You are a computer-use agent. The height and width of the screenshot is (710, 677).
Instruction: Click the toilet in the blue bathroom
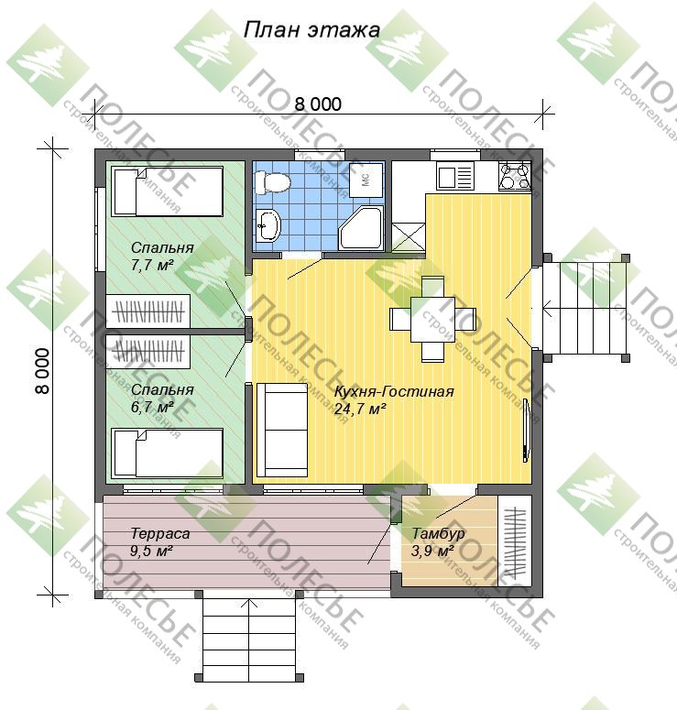tap(271, 183)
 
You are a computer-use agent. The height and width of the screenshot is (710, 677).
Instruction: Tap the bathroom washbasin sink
tap(268, 225)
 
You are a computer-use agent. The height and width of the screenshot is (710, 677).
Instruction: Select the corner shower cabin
tap(361, 228)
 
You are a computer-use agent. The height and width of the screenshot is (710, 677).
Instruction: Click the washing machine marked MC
tap(366, 180)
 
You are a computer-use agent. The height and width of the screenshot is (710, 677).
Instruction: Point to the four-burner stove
tap(515, 176)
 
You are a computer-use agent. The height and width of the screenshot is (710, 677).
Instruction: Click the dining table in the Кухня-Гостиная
tap(432, 320)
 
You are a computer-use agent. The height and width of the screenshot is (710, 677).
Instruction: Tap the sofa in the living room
tap(281, 431)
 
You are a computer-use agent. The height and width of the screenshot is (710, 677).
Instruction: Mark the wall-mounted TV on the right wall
tap(526, 431)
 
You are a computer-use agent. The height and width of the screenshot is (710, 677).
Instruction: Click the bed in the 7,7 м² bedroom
tap(167, 191)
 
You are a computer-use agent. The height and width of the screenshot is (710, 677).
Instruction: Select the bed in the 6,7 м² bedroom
tap(167, 453)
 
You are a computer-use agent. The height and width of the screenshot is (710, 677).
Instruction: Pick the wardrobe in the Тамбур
tap(515, 541)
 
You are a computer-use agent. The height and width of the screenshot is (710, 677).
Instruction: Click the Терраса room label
tap(159, 534)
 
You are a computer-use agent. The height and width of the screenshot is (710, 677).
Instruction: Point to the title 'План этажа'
tap(311, 30)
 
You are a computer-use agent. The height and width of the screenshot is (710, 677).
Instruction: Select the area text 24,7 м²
tap(360, 409)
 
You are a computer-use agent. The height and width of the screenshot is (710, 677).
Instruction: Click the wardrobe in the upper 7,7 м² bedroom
tap(147, 311)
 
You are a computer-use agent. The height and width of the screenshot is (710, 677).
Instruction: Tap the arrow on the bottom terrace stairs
tap(248, 639)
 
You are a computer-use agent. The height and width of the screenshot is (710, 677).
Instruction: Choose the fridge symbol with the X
tap(409, 236)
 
